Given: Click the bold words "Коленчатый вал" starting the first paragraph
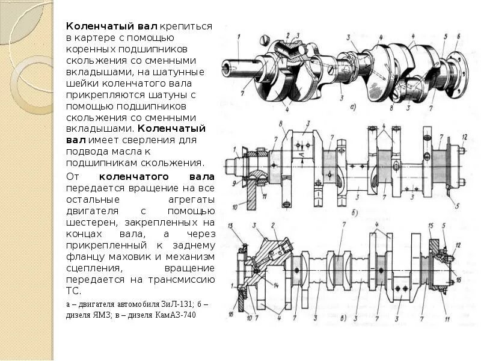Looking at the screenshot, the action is point(111,27).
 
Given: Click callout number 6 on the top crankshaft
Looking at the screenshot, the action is point(458,37).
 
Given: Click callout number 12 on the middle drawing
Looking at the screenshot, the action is point(464,137).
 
